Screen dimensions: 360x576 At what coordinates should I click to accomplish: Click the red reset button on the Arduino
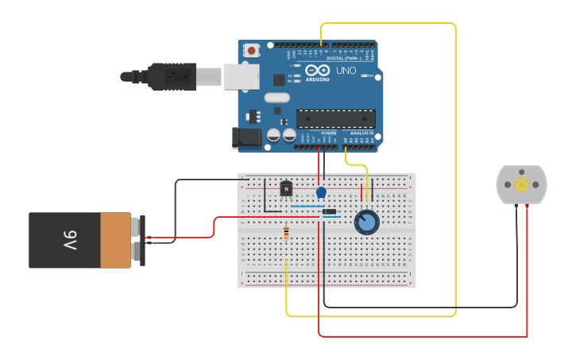(x=252, y=50)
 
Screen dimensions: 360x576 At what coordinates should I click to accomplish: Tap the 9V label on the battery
(x=70, y=239)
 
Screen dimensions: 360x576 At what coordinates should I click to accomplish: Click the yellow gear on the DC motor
(x=522, y=184)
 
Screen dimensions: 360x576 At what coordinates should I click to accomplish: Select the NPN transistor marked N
(x=286, y=189)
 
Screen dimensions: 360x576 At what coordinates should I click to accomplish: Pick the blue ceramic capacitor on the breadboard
(x=321, y=192)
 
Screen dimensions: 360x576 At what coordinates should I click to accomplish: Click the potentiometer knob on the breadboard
(x=366, y=222)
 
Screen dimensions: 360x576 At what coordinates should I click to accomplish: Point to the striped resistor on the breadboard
(x=286, y=233)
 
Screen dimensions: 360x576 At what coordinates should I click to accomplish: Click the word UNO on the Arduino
(x=346, y=71)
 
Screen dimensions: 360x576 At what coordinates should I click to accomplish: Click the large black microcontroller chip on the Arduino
(x=336, y=119)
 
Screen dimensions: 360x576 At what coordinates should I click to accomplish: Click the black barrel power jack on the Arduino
(x=247, y=137)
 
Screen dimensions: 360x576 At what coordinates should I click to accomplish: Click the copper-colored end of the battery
(x=116, y=240)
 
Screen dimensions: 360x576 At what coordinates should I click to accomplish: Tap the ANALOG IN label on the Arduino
(x=362, y=134)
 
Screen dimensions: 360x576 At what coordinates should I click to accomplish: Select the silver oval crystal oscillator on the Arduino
(x=277, y=98)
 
